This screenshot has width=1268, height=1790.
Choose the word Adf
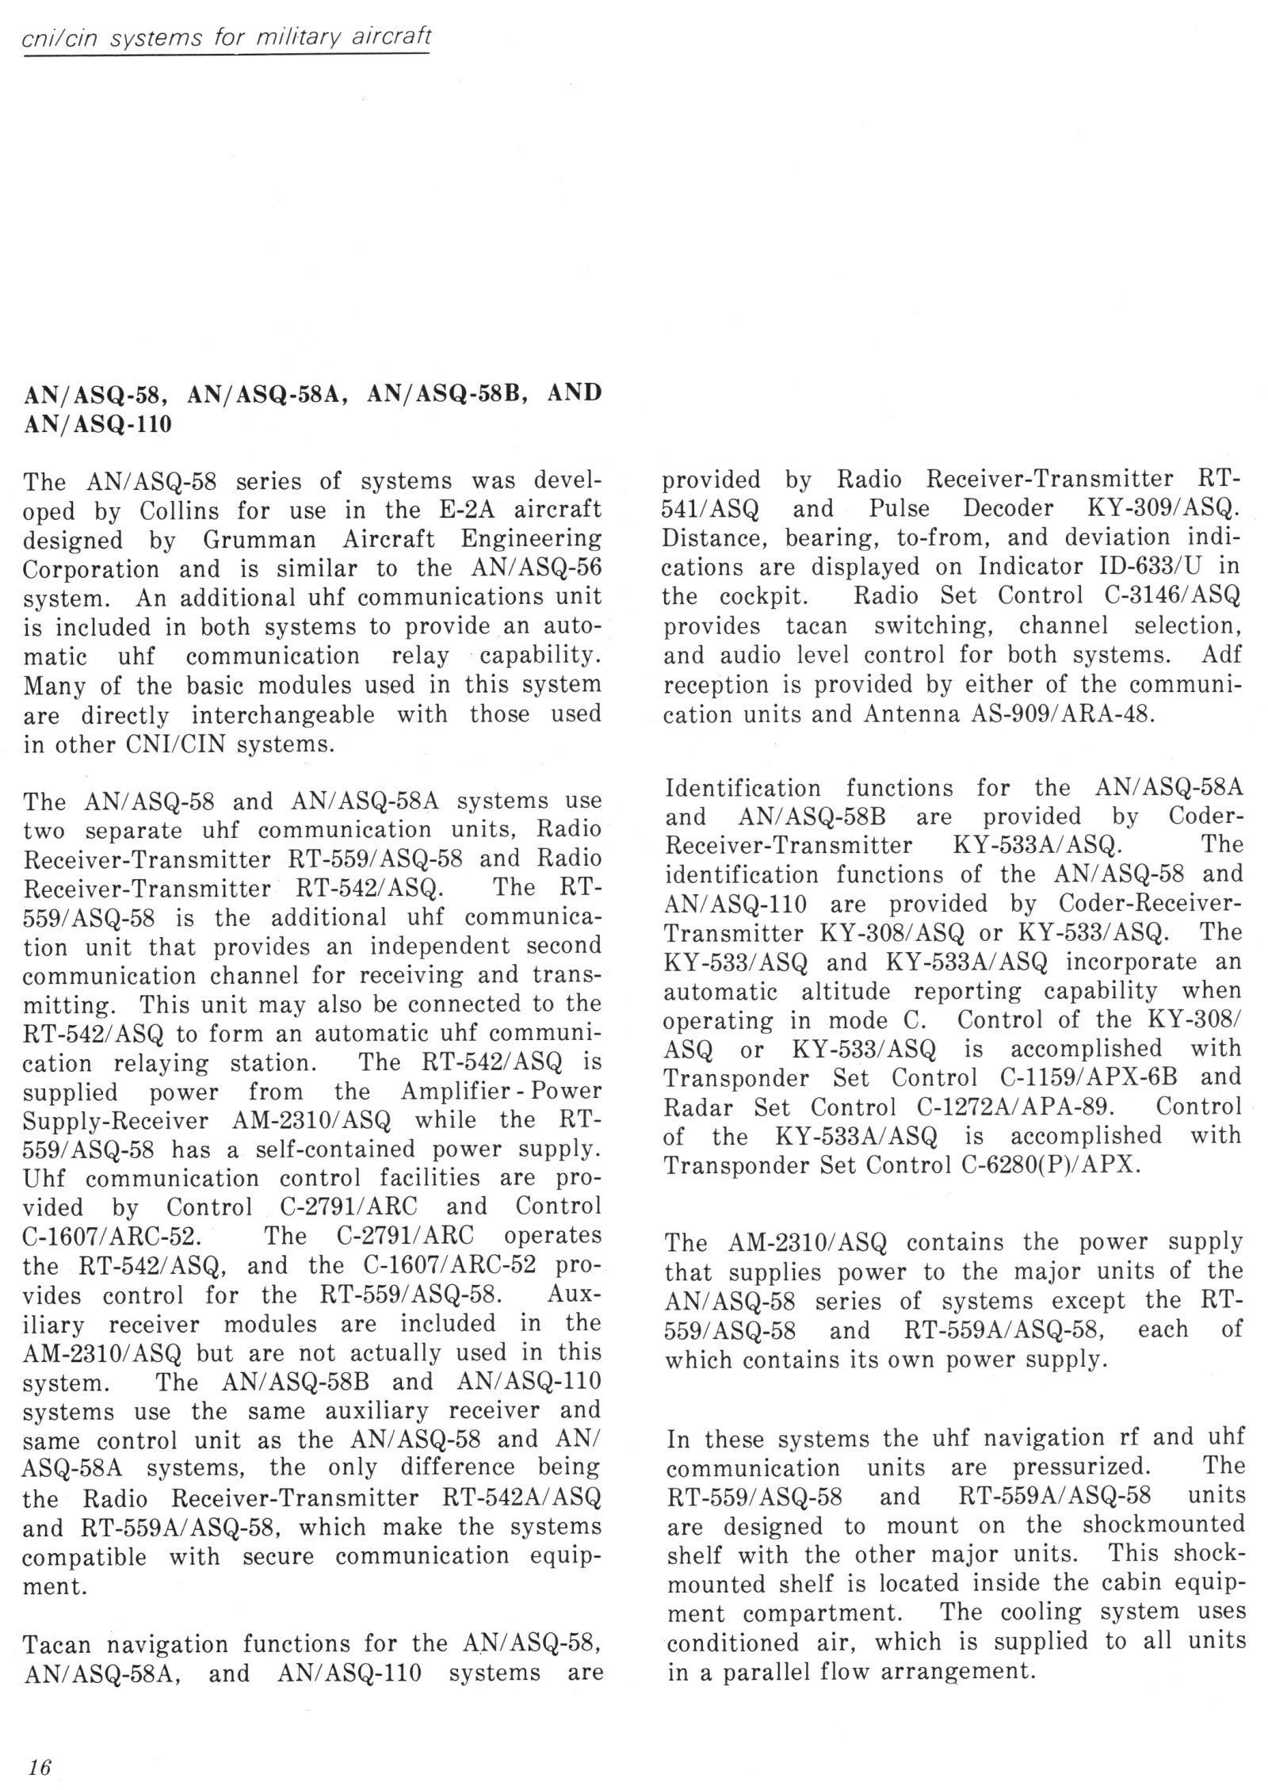coord(1221,655)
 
